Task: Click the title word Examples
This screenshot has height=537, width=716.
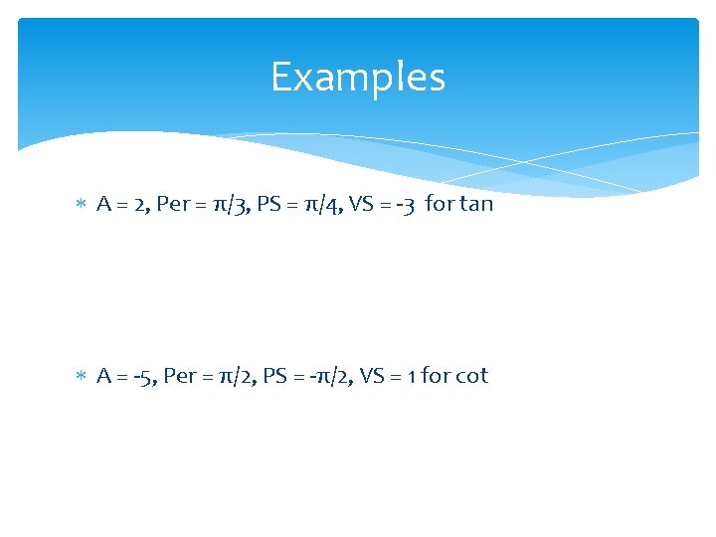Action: pyautogui.click(x=358, y=77)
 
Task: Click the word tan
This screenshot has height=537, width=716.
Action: pyautogui.click(x=476, y=205)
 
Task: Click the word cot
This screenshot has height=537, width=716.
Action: pyautogui.click(x=471, y=376)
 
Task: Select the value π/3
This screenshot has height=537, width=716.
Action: pyautogui.click(x=237, y=205)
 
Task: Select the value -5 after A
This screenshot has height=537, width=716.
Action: pyautogui.click(x=141, y=376)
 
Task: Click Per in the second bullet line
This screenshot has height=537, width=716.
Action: pyautogui.click(x=181, y=376)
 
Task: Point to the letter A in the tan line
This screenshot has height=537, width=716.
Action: pyautogui.click(x=103, y=205)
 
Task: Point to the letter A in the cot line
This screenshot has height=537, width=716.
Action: pyautogui.click(x=103, y=376)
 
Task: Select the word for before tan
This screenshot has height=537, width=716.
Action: pyautogui.click(x=438, y=205)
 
